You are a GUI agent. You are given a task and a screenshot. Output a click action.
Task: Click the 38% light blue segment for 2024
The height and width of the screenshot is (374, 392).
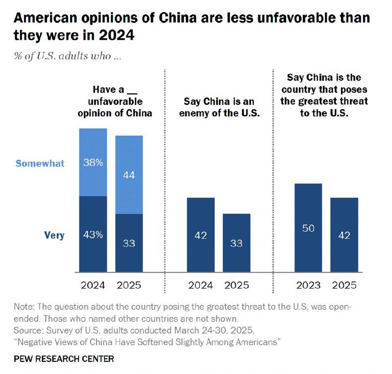(93, 162)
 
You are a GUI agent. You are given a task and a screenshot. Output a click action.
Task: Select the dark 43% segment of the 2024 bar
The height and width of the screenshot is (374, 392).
(93, 234)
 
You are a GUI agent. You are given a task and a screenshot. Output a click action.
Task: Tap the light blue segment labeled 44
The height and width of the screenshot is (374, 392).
(129, 175)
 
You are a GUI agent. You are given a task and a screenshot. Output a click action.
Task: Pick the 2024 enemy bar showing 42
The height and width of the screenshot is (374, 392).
(201, 235)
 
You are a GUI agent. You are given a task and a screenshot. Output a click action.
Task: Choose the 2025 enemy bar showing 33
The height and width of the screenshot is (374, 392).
(236, 243)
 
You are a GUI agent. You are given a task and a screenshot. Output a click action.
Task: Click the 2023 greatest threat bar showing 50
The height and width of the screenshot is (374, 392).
(308, 227)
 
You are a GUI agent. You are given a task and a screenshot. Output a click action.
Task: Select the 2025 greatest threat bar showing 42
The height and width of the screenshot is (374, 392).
(344, 235)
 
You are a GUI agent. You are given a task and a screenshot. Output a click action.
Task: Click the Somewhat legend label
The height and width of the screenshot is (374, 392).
(40, 164)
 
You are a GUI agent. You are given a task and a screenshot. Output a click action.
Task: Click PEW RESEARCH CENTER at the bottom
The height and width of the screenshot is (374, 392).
(64, 359)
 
